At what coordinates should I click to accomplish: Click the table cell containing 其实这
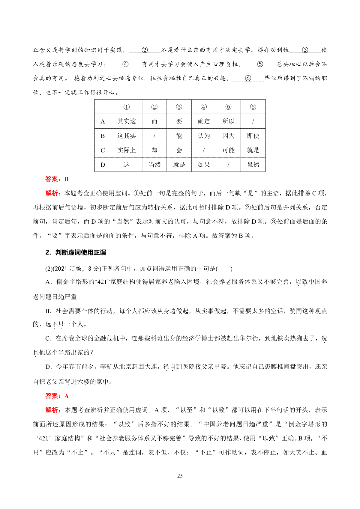click(126, 121)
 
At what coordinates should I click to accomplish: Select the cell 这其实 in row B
click(126, 136)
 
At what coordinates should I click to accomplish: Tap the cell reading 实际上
click(126, 150)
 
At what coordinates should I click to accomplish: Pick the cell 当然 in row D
click(154, 165)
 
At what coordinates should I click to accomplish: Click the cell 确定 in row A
click(204, 121)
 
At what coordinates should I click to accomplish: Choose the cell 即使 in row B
click(253, 136)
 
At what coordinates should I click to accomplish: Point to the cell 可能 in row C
click(228, 150)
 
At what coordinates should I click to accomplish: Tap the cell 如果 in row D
click(204, 165)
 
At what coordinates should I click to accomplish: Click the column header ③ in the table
click(179, 107)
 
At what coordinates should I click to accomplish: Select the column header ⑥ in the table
click(253, 107)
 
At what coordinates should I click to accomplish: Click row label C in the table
click(103, 150)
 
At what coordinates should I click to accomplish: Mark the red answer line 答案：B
click(57, 179)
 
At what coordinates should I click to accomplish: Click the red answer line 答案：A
click(57, 396)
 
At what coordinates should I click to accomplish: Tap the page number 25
click(180, 476)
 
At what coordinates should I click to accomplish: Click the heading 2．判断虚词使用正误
click(76, 253)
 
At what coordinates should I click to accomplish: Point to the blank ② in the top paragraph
click(145, 50)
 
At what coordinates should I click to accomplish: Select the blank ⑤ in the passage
click(260, 64)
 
